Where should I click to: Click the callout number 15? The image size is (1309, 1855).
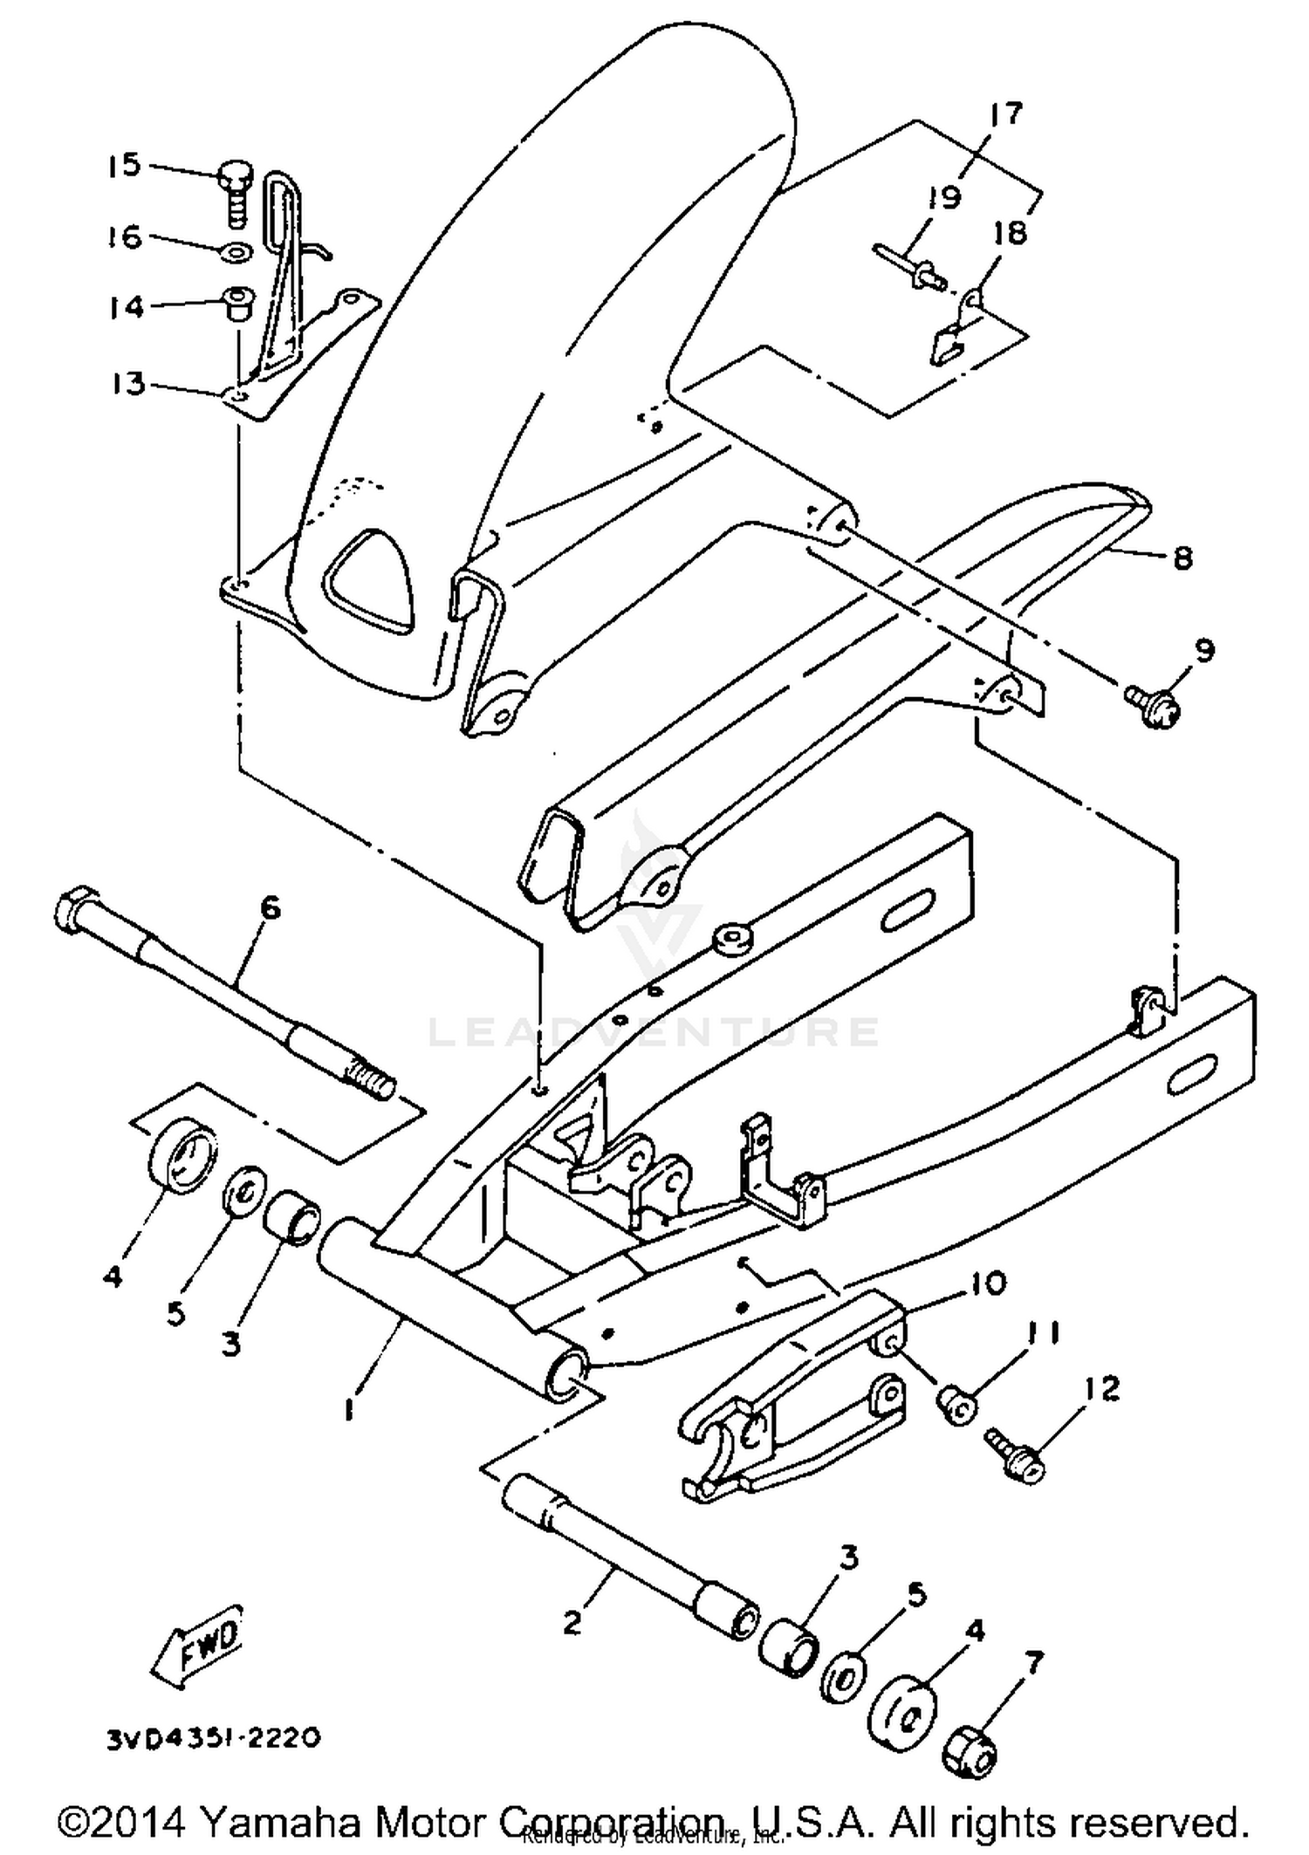coord(124,165)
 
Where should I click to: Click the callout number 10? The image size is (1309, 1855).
coord(987,1282)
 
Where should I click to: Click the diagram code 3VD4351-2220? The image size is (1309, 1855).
coord(214,1738)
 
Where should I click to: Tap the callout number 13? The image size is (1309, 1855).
coord(129,383)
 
